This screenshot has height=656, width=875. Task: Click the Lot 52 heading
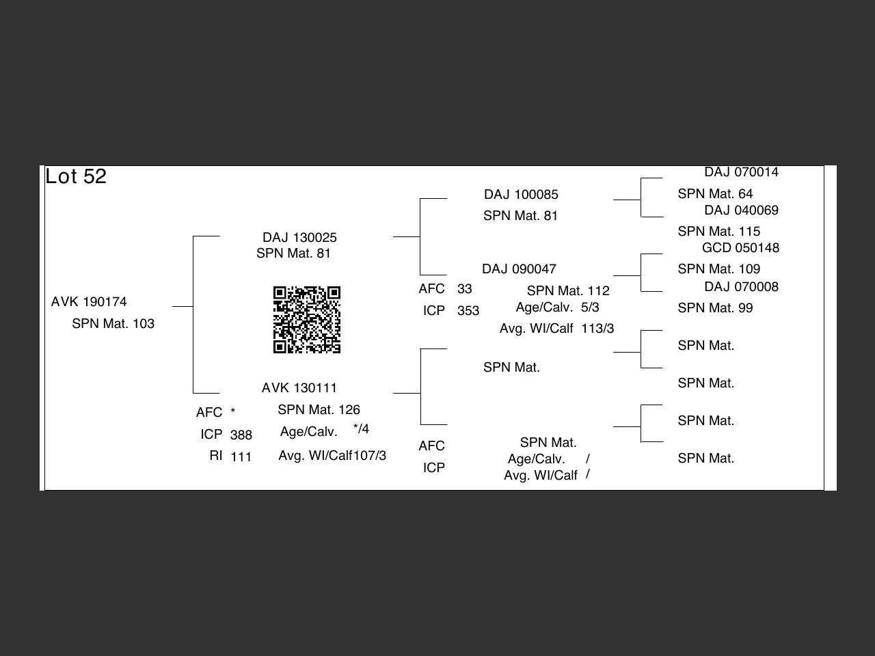coord(76,176)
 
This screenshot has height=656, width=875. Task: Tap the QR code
coord(307,320)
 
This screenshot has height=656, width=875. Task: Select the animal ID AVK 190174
coord(89,302)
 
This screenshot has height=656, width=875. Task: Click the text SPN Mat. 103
coord(113,324)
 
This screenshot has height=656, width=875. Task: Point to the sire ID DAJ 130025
coord(299,238)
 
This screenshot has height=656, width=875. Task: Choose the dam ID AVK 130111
coord(299,388)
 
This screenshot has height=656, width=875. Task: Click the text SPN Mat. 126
coord(319,410)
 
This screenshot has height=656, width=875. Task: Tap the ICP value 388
coord(241,435)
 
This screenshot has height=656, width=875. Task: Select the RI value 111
coord(241,457)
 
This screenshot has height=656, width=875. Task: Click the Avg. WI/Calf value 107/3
coord(370,456)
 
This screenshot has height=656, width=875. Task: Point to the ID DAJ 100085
coord(521,195)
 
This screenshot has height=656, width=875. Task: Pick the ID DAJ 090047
coord(519,269)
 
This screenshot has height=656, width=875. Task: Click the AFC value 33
coord(465,289)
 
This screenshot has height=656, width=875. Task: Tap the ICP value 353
coord(468,311)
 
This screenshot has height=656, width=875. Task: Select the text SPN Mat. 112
coord(568,291)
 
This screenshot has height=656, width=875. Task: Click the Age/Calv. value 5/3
coord(590,307)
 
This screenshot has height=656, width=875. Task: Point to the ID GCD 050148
coord(740,248)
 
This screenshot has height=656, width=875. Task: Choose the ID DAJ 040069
coord(741,210)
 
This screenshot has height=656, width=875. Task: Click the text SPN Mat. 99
coord(715,308)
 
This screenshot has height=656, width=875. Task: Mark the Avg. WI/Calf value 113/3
coord(597,329)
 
